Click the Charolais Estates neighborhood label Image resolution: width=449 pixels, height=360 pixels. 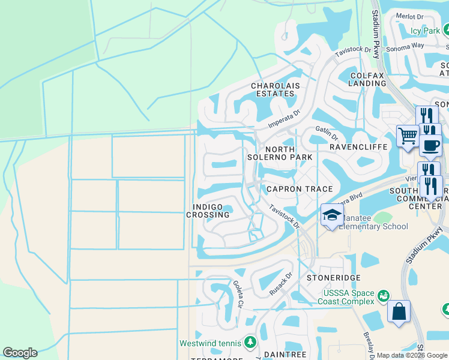click(275, 90)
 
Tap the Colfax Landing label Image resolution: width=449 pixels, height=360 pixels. click(367, 79)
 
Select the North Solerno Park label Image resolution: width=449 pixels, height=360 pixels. click(280, 153)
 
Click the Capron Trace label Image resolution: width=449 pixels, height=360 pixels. click(300, 189)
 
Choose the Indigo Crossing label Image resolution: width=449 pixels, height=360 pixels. click(208, 211)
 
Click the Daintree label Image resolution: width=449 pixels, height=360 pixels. click(286, 355)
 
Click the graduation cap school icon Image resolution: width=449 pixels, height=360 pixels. click(331, 215)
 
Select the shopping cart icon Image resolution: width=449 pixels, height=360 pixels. click(408, 136)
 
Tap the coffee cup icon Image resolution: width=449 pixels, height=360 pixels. click(430, 145)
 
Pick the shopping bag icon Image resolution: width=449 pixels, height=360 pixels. click(399, 312)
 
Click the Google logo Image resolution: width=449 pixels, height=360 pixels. click(20, 353)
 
